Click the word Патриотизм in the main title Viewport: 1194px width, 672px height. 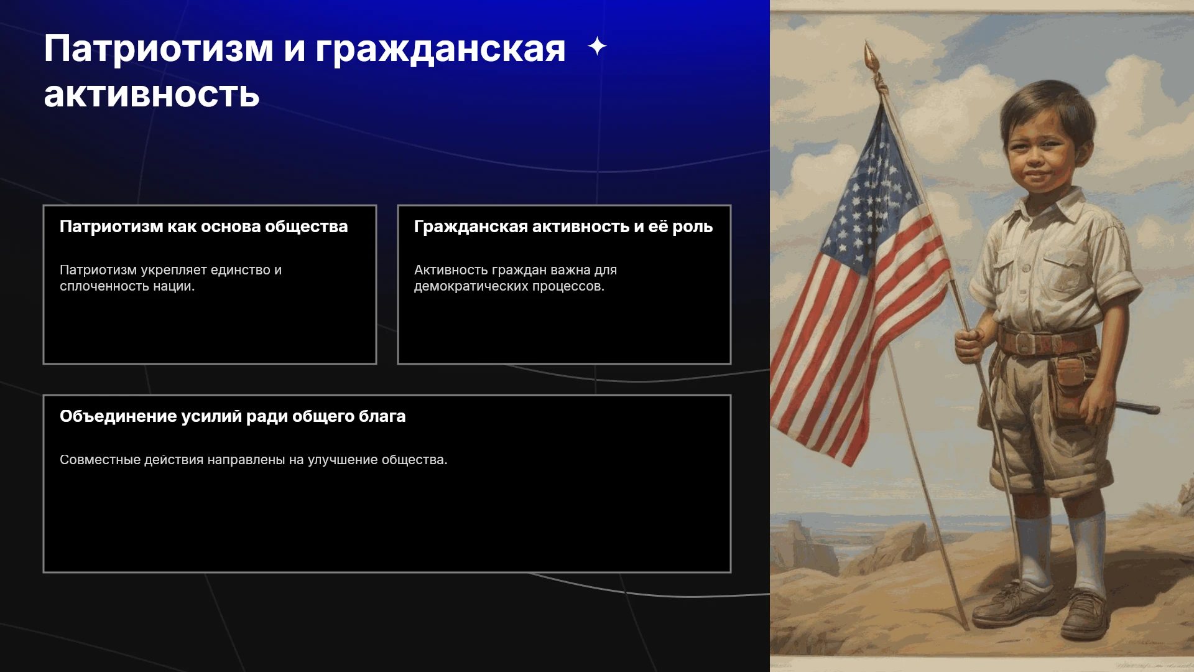click(x=159, y=49)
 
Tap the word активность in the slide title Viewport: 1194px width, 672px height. click(x=152, y=95)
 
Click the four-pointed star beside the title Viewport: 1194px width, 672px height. click(x=597, y=46)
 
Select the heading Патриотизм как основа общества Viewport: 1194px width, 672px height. click(x=203, y=226)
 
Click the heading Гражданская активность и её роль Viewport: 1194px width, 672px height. click(x=563, y=226)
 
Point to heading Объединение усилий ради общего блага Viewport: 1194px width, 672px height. click(x=233, y=416)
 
